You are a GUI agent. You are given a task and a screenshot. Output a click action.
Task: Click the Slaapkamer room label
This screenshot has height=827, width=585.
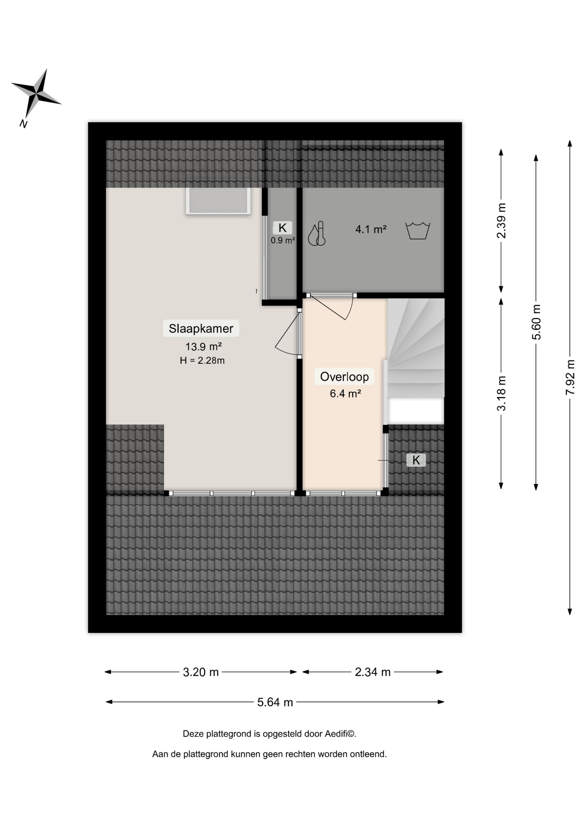(201, 329)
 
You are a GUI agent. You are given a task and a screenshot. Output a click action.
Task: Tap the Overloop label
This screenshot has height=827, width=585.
(344, 377)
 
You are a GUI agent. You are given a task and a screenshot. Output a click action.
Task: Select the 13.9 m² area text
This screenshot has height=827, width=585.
(203, 346)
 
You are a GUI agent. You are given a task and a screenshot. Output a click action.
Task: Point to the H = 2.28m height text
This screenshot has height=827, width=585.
(202, 361)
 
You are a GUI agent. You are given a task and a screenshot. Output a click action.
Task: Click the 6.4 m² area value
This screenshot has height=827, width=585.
(345, 393)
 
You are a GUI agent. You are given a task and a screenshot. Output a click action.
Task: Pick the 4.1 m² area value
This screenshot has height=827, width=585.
(370, 229)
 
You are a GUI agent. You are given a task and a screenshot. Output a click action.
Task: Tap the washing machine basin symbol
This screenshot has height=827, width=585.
(418, 230)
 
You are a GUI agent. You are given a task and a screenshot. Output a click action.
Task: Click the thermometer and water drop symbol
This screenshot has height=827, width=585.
(317, 234)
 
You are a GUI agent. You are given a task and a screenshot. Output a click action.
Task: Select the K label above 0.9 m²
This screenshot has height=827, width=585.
(283, 228)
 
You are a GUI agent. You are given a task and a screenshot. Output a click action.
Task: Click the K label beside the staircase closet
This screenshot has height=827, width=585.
(416, 460)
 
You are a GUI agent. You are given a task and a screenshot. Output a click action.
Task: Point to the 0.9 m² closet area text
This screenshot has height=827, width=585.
(283, 240)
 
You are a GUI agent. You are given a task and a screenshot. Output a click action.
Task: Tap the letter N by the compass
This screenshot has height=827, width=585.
(23, 124)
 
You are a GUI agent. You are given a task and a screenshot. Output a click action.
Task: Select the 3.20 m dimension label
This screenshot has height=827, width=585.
(201, 672)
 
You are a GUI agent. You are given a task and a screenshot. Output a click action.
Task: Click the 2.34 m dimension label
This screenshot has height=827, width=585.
(373, 672)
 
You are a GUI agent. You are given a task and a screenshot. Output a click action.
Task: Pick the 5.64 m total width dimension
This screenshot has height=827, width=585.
(275, 702)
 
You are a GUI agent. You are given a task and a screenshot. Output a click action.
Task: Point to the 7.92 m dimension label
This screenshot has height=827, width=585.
(570, 377)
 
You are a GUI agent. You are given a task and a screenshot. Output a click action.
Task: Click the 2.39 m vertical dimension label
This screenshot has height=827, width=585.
(501, 221)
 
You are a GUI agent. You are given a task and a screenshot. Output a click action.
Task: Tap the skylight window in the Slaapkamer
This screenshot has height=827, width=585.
(218, 201)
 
